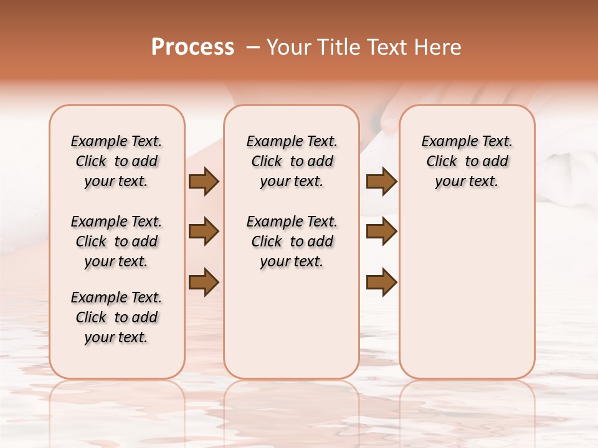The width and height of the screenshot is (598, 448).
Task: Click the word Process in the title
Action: point(192,47)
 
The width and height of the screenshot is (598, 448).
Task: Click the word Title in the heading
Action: point(338,47)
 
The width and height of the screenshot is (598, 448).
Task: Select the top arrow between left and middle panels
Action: point(204,181)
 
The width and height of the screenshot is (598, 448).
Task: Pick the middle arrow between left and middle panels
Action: point(204,231)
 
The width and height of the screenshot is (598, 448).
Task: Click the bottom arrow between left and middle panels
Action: point(204,282)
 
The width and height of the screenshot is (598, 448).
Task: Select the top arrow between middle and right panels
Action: point(381,181)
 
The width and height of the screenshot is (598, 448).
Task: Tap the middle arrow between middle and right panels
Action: point(381,231)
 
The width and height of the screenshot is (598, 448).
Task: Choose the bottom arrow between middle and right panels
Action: point(381,282)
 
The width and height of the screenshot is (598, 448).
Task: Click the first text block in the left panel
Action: point(116,161)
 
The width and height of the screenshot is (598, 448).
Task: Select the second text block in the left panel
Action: point(116,241)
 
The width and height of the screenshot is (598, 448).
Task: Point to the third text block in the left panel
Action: point(116,317)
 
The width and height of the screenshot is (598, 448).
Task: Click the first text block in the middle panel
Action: point(292,161)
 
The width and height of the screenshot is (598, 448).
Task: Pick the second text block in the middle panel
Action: point(292,241)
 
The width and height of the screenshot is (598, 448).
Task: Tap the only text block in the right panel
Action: point(467,161)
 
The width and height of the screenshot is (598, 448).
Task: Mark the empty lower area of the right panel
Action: point(467,286)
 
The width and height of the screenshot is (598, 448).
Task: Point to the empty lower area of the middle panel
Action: point(292,324)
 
